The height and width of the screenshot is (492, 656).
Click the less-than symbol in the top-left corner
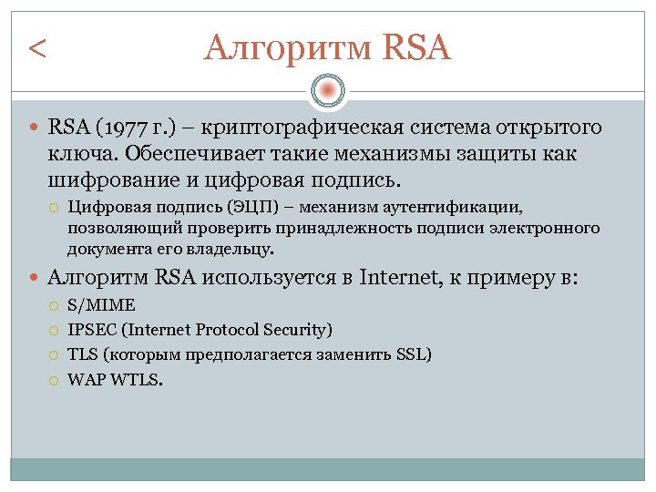point(37,47)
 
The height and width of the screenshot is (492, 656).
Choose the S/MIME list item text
point(101,306)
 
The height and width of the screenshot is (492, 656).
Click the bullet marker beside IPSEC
point(55,331)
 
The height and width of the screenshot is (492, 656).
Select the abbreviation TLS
point(81,354)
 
